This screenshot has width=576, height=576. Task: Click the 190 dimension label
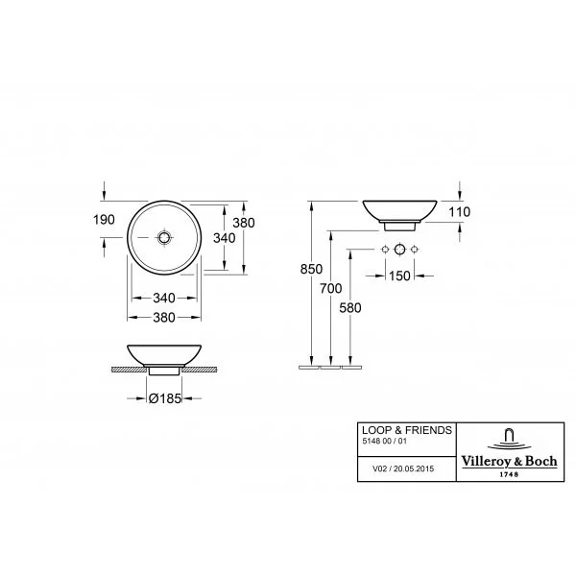tap(104, 220)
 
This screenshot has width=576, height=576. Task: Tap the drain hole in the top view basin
tap(164, 238)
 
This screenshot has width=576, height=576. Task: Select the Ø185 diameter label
tap(165, 398)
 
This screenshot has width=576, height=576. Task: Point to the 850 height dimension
tap(311, 269)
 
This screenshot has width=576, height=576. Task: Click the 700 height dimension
tap(330, 288)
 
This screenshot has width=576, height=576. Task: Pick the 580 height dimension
tap(350, 308)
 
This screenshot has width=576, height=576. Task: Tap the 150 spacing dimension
tap(399, 276)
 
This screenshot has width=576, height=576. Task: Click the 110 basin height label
tap(459, 212)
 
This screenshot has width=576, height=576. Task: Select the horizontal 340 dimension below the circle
tap(164, 298)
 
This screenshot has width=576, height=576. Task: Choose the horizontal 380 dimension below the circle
tap(164, 318)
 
